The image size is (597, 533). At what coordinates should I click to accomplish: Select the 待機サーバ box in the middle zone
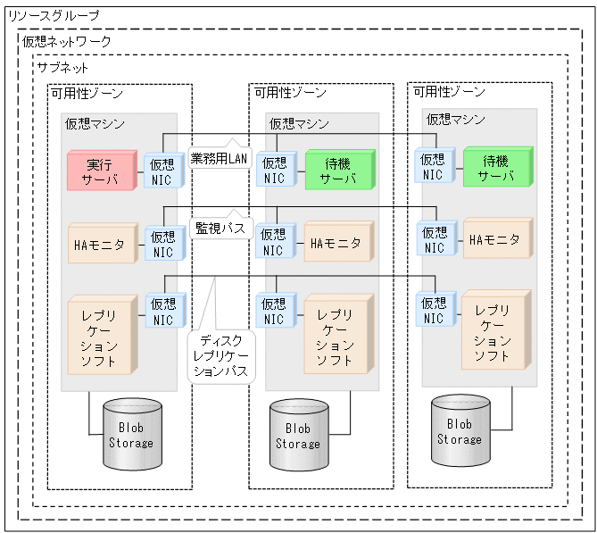click(x=339, y=171)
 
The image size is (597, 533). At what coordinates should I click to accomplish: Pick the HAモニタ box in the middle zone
click(x=338, y=243)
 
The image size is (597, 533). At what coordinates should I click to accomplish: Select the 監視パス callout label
click(x=220, y=229)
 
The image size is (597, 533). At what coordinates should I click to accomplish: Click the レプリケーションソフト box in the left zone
click(x=102, y=337)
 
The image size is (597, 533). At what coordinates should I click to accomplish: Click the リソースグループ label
click(x=54, y=16)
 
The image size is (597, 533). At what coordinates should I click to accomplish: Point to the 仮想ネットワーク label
click(x=67, y=42)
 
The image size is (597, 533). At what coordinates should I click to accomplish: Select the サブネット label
click(x=62, y=68)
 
